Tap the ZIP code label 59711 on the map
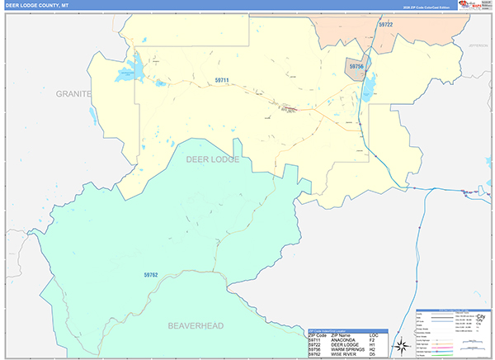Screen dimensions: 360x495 (x=222, y=79)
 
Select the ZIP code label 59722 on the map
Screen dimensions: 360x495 (x=386, y=26)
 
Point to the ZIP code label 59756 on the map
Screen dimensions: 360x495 (x=357, y=64)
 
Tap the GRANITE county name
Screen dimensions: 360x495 (x=73, y=94)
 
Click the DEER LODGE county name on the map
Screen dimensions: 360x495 (x=212, y=159)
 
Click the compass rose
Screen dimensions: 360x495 (x=401, y=345)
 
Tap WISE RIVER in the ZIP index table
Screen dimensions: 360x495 (x=339, y=353)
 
